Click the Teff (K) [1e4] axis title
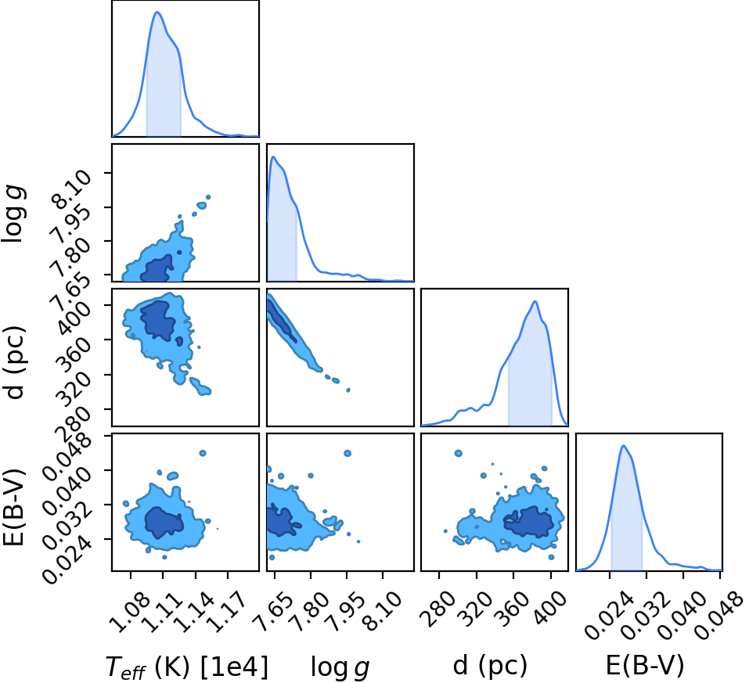click(x=187, y=667)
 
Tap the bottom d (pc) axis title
click(x=490, y=665)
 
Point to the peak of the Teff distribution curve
click(x=157, y=12)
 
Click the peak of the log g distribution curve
click(x=272, y=156)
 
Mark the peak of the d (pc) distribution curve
click(x=535, y=301)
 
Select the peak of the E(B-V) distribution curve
click(x=623, y=446)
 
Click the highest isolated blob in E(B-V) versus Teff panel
click(x=203, y=453)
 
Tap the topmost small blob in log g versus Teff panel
click(x=207, y=197)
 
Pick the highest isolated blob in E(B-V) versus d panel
click(x=458, y=453)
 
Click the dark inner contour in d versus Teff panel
click(x=157, y=320)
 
